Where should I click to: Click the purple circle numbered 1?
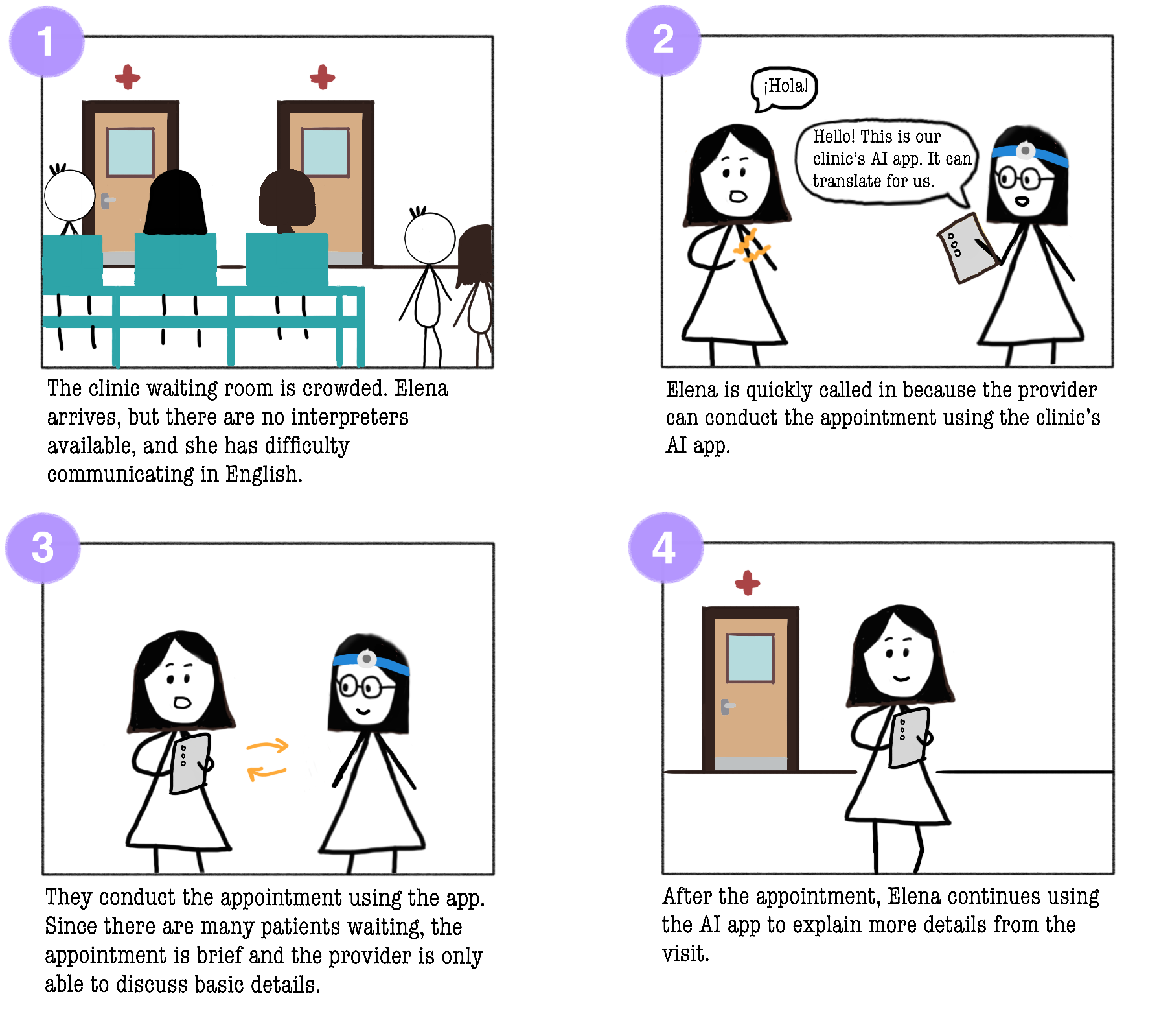47,42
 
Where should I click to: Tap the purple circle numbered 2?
663,40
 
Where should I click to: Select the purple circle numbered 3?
43,548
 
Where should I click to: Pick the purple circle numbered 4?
666,547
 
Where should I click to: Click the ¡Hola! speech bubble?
785,88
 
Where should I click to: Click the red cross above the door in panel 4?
747,583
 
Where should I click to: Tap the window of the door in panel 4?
750,657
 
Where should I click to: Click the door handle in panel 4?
727,706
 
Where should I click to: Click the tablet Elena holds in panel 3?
189,763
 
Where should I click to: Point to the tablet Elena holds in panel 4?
910,738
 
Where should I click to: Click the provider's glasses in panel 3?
365,686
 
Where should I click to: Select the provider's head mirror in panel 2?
1026,151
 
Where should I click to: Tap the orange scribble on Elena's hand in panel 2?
752,247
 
